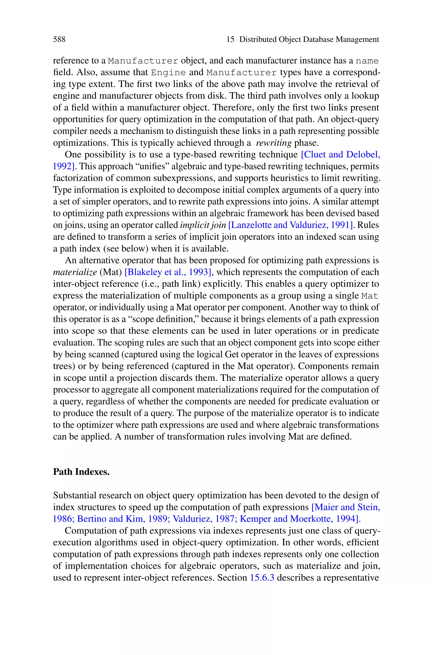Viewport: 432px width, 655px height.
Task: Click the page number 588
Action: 59,39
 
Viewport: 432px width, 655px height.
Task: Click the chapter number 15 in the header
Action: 230,39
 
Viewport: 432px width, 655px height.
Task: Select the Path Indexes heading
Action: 81,472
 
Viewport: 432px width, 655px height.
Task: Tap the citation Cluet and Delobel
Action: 340,155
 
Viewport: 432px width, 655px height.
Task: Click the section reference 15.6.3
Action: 262,578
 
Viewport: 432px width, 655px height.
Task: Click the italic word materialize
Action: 75,272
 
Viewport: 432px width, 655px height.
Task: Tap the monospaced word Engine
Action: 168,72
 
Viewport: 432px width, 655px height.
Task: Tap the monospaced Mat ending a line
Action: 370,296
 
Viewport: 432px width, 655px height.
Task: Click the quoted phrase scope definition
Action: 164,319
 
